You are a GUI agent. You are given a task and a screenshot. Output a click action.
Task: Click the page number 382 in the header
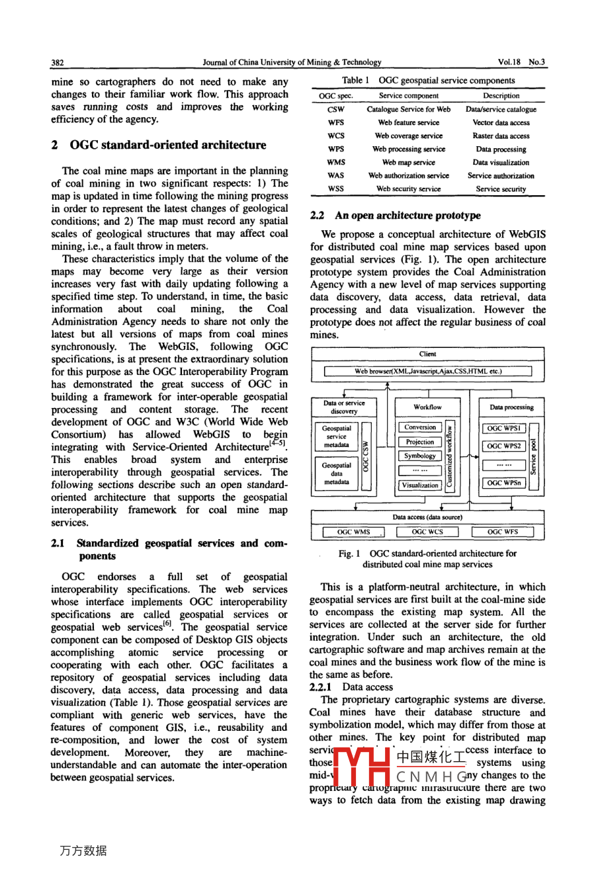(58, 62)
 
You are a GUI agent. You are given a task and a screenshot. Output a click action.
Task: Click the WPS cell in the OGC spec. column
(335, 149)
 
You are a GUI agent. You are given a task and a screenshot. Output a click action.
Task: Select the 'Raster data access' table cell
(501, 136)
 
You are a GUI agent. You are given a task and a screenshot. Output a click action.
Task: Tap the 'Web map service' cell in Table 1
(408, 162)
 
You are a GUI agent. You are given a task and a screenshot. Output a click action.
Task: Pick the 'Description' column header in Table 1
(501, 96)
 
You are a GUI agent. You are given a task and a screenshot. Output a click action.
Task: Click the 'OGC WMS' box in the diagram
(354, 532)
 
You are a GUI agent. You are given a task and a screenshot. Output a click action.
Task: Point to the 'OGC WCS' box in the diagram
(427, 532)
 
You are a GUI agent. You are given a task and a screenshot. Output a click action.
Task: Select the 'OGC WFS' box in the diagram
(503, 532)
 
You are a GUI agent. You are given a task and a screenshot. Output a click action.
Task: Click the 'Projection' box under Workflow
(420, 442)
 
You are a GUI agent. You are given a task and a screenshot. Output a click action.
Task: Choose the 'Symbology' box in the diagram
(420, 456)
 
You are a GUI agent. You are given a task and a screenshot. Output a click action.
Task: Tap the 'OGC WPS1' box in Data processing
(504, 429)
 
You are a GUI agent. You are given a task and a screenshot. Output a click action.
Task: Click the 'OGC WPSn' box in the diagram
(504, 483)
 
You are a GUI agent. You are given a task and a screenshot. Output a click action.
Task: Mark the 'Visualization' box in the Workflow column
(420, 485)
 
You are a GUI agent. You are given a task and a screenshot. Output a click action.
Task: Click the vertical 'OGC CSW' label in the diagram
(365, 456)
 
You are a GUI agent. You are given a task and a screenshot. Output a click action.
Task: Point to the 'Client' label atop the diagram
(427, 354)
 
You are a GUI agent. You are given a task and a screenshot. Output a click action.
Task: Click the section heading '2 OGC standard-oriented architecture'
(159, 145)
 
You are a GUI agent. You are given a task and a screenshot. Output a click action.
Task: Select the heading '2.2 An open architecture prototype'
(395, 216)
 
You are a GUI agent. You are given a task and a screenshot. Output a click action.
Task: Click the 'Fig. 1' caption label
(349, 553)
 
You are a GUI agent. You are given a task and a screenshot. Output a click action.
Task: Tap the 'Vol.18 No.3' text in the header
(521, 62)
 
